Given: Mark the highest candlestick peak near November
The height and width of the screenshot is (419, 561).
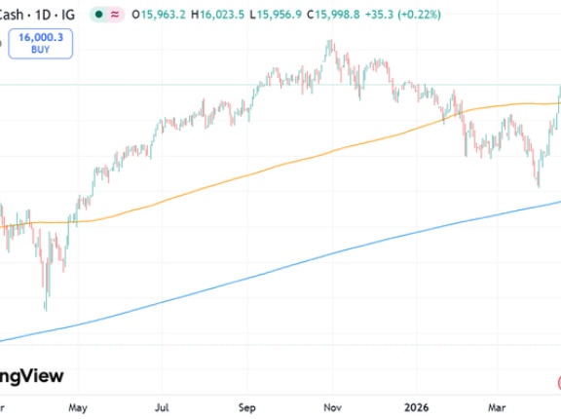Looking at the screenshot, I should [329, 41].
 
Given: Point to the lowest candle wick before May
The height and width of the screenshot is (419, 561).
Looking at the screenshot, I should [46, 310].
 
